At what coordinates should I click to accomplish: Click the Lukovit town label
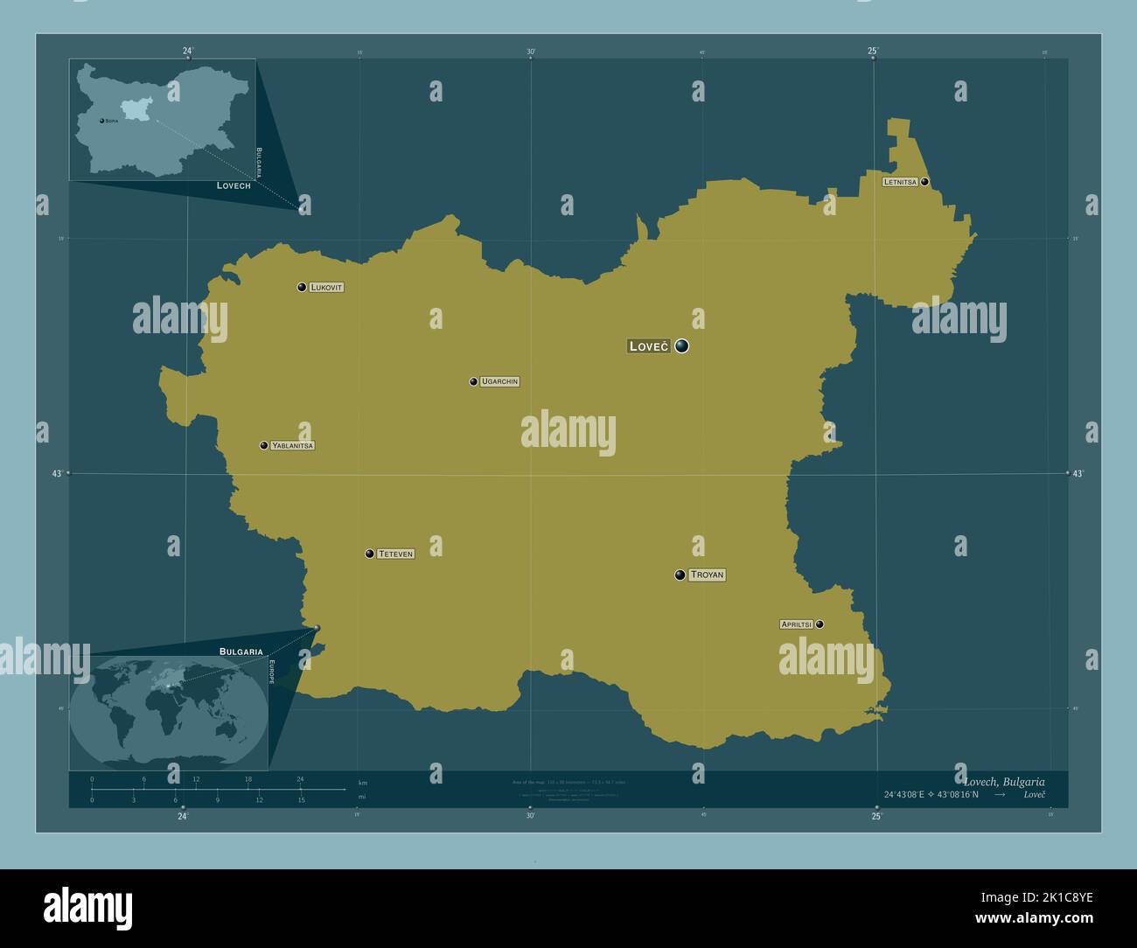(326, 287)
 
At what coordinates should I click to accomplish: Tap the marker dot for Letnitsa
(924, 182)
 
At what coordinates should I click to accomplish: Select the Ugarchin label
(499, 381)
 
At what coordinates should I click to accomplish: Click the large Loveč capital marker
(681, 345)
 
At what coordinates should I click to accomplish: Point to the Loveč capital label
(648, 346)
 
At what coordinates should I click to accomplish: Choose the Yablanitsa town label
(292, 445)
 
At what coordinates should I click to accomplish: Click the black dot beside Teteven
(370, 554)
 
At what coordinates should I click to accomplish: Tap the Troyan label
(707, 575)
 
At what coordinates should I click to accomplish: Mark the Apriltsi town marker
(820, 624)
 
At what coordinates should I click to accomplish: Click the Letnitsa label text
(900, 182)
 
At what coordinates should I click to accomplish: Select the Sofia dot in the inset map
(101, 120)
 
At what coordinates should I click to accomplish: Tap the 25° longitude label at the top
(873, 51)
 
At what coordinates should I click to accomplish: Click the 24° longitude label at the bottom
(182, 817)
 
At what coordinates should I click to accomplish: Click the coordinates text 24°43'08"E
(910, 794)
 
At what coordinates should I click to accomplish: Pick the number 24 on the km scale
(300, 779)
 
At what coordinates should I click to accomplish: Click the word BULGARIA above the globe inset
(241, 652)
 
